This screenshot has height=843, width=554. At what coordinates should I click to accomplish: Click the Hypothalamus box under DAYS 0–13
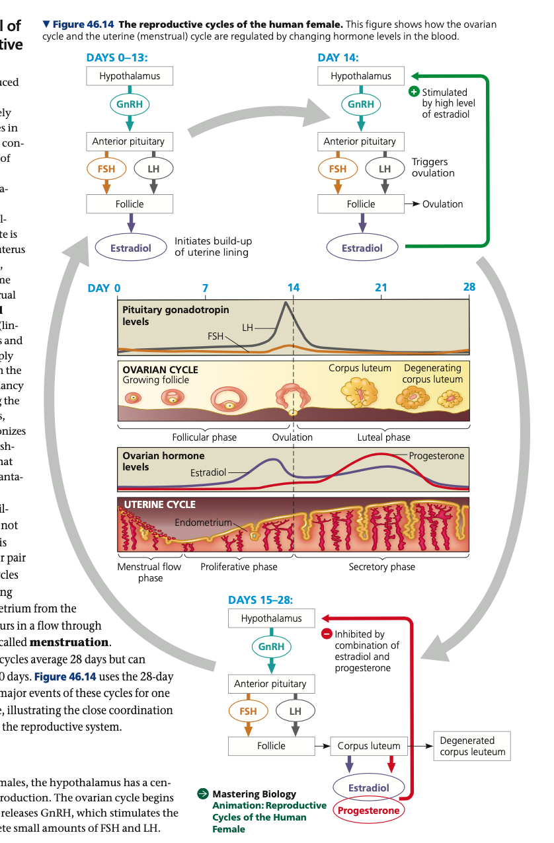130,76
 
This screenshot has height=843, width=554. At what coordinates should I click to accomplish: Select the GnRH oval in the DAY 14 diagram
361,104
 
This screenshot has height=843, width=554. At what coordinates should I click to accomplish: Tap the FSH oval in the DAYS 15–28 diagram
248,712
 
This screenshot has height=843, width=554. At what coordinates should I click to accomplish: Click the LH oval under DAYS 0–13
153,168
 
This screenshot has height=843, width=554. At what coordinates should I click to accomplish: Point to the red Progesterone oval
369,811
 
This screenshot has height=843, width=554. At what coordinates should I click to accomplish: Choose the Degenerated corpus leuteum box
472,746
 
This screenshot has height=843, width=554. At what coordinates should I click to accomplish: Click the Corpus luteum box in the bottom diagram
369,746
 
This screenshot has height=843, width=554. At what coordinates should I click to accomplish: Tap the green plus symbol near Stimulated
415,92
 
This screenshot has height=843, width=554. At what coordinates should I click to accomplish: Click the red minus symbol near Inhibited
327,634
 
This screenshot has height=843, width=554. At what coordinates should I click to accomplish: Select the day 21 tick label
381,287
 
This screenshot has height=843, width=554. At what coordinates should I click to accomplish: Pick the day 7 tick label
205,287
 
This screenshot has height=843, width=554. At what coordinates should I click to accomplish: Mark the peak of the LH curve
285,303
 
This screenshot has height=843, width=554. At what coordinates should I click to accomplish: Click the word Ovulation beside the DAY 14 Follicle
442,204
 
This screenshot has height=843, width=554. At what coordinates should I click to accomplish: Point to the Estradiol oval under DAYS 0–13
130,248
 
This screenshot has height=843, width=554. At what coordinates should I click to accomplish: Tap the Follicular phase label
204,437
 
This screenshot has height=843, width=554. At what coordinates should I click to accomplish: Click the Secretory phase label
381,567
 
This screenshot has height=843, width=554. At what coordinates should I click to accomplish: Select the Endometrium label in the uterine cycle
203,523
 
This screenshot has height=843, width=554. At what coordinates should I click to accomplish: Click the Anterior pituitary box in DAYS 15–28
270,684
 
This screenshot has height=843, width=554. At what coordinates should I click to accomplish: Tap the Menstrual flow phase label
149,572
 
